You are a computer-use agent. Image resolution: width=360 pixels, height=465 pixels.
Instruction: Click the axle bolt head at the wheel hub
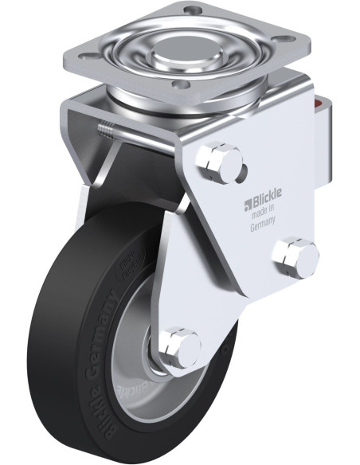pyautogui.click(x=181, y=345)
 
